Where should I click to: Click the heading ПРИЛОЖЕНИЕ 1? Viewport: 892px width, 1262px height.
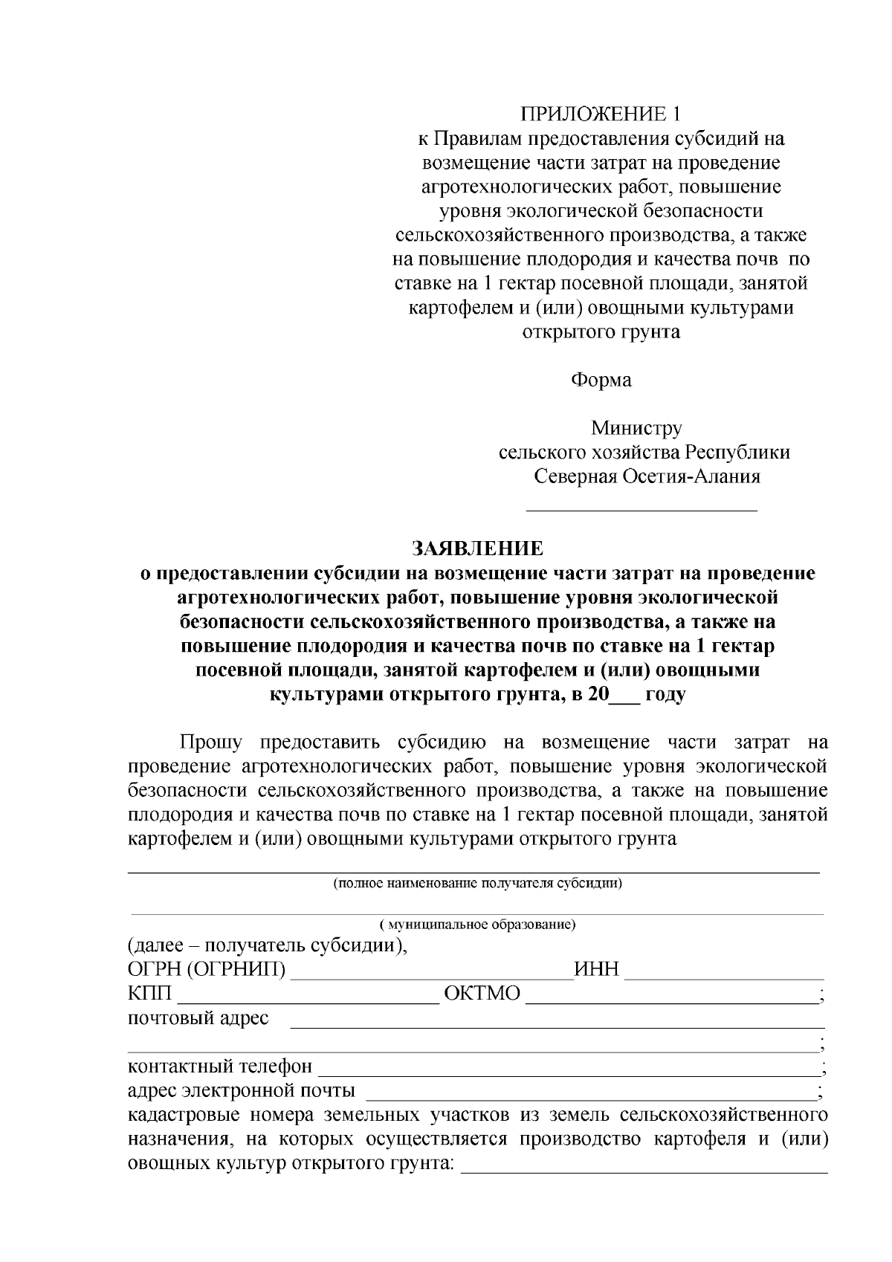coord(601,114)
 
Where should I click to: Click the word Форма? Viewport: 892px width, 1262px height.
coord(601,381)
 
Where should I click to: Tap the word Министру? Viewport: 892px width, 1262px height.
coord(636,428)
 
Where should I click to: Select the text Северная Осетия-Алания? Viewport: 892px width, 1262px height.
coord(647,476)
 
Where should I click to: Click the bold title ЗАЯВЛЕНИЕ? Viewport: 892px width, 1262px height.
coord(478,549)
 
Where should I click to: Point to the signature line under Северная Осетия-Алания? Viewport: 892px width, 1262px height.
coord(641,510)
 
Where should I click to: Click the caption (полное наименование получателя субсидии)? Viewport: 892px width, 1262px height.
coord(477,884)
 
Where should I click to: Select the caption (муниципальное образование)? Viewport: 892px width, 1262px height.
coord(478,925)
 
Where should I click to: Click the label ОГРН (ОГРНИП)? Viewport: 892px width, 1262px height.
coord(206,970)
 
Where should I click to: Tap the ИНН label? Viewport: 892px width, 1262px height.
coord(597,970)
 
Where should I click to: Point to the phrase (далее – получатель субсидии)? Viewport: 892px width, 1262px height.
coord(268,946)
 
